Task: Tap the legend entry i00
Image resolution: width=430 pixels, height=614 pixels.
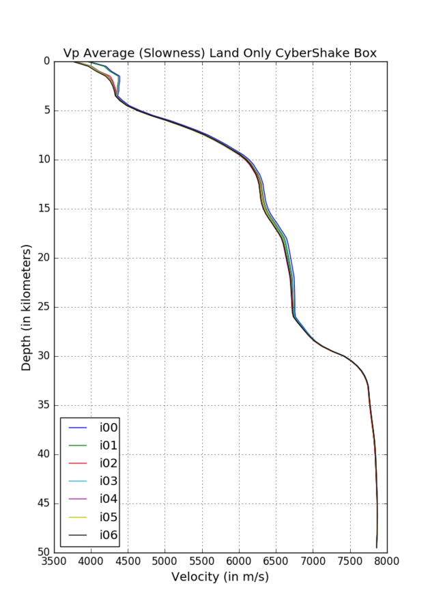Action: click(x=109, y=428)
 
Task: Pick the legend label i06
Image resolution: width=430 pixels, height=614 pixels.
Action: click(x=109, y=535)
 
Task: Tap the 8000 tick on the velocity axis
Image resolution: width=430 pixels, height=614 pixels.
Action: click(x=387, y=561)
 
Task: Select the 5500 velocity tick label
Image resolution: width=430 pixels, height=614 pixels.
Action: click(x=202, y=561)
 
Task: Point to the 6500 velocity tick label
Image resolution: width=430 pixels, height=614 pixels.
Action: click(x=276, y=561)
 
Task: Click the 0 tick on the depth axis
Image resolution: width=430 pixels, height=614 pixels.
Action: click(x=46, y=61)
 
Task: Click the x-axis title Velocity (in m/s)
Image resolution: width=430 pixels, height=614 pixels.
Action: click(x=220, y=578)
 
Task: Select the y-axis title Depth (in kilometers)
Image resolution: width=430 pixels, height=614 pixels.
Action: click(x=27, y=306)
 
